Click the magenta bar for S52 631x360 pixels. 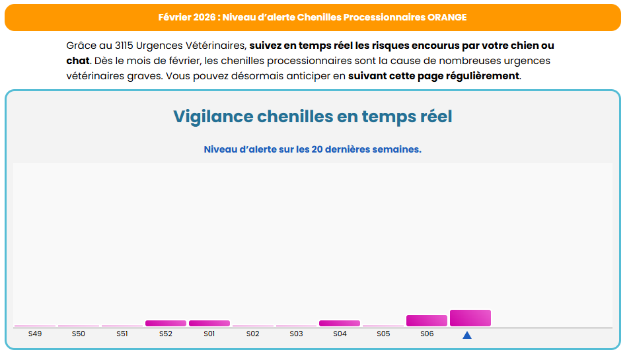[x=166, y=323]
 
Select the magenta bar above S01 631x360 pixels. [x=209, y=323]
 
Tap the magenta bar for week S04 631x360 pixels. [x=340, y=323]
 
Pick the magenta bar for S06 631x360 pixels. [x=427, y=320]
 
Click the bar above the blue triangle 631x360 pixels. [x=470, y=318]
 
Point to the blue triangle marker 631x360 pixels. [x=467, y=336]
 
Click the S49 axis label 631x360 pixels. [x=35, y=334]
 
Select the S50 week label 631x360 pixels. [x=79, y=334]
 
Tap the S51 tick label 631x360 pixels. [x=122, y=334]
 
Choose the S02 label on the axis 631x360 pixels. [x=252, y=334]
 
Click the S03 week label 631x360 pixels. [x=296, y=334]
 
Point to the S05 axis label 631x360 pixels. [x=383, y=334]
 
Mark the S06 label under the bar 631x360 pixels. [x=427, y=334]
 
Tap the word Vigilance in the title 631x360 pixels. [x=213, y=117]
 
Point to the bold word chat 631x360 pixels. [x=78, y=61]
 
